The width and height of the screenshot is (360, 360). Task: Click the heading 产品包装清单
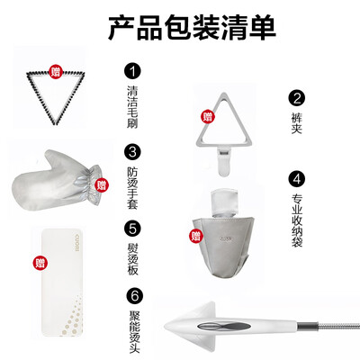(x=192, y=28)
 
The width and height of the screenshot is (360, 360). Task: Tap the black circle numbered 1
(x=132, y=71)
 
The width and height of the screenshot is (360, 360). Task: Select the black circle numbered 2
(x=296, y=98)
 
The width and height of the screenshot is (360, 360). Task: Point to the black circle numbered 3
(x=132, y=152)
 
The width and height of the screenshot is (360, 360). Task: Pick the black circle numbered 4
(x=296, y=179)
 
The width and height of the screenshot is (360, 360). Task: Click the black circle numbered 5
(x=132, y=229)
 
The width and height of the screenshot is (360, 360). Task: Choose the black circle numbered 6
(x=134, y=296)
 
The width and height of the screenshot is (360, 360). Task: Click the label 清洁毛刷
(x=132, y=107)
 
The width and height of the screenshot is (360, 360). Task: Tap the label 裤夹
(x=296, y=123)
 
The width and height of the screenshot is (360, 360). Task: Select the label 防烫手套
(x=132, y=188)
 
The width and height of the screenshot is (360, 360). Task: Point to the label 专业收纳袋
(x=297, y=220)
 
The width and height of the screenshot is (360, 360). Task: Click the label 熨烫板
(x=132, y=259)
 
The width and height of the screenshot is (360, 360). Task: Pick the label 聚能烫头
(x=134, y=331)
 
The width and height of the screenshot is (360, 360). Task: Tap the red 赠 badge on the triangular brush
(x=56, y=71)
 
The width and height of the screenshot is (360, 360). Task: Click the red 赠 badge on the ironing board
(x=40, y=263)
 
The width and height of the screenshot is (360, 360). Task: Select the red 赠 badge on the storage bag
(x=196, y=236)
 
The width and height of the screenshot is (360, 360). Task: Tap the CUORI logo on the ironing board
(x=76, y=239)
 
